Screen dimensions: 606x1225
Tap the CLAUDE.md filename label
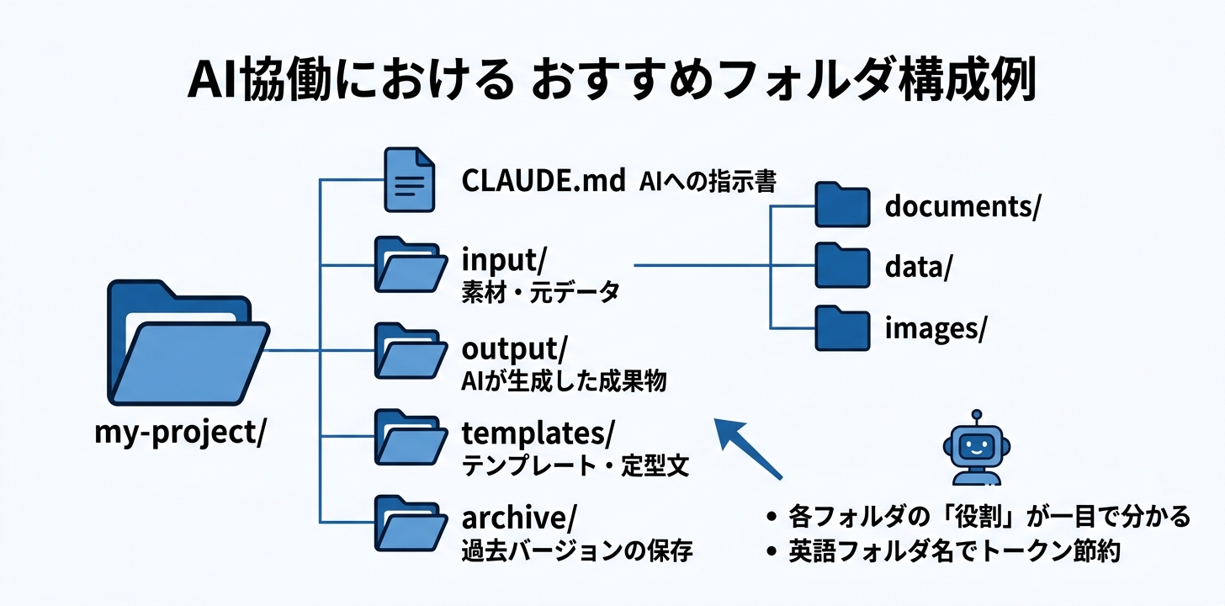click(544, 180)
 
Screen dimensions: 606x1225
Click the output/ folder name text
click(514, 348)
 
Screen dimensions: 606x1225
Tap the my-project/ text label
click(181, 434)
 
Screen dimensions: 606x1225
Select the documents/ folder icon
click(841, 205)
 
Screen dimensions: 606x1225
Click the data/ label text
click(918, 267)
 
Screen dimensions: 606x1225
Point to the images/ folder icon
click(841, 328)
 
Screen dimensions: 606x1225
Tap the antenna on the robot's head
click(976, 415)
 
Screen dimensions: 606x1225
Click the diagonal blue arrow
click(748, 448)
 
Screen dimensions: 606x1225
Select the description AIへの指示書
click(707, 181)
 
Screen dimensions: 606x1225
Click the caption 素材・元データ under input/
click(540, 293)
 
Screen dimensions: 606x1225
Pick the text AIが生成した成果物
click(564, 380)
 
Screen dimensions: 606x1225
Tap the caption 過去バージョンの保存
click(576, 552)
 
